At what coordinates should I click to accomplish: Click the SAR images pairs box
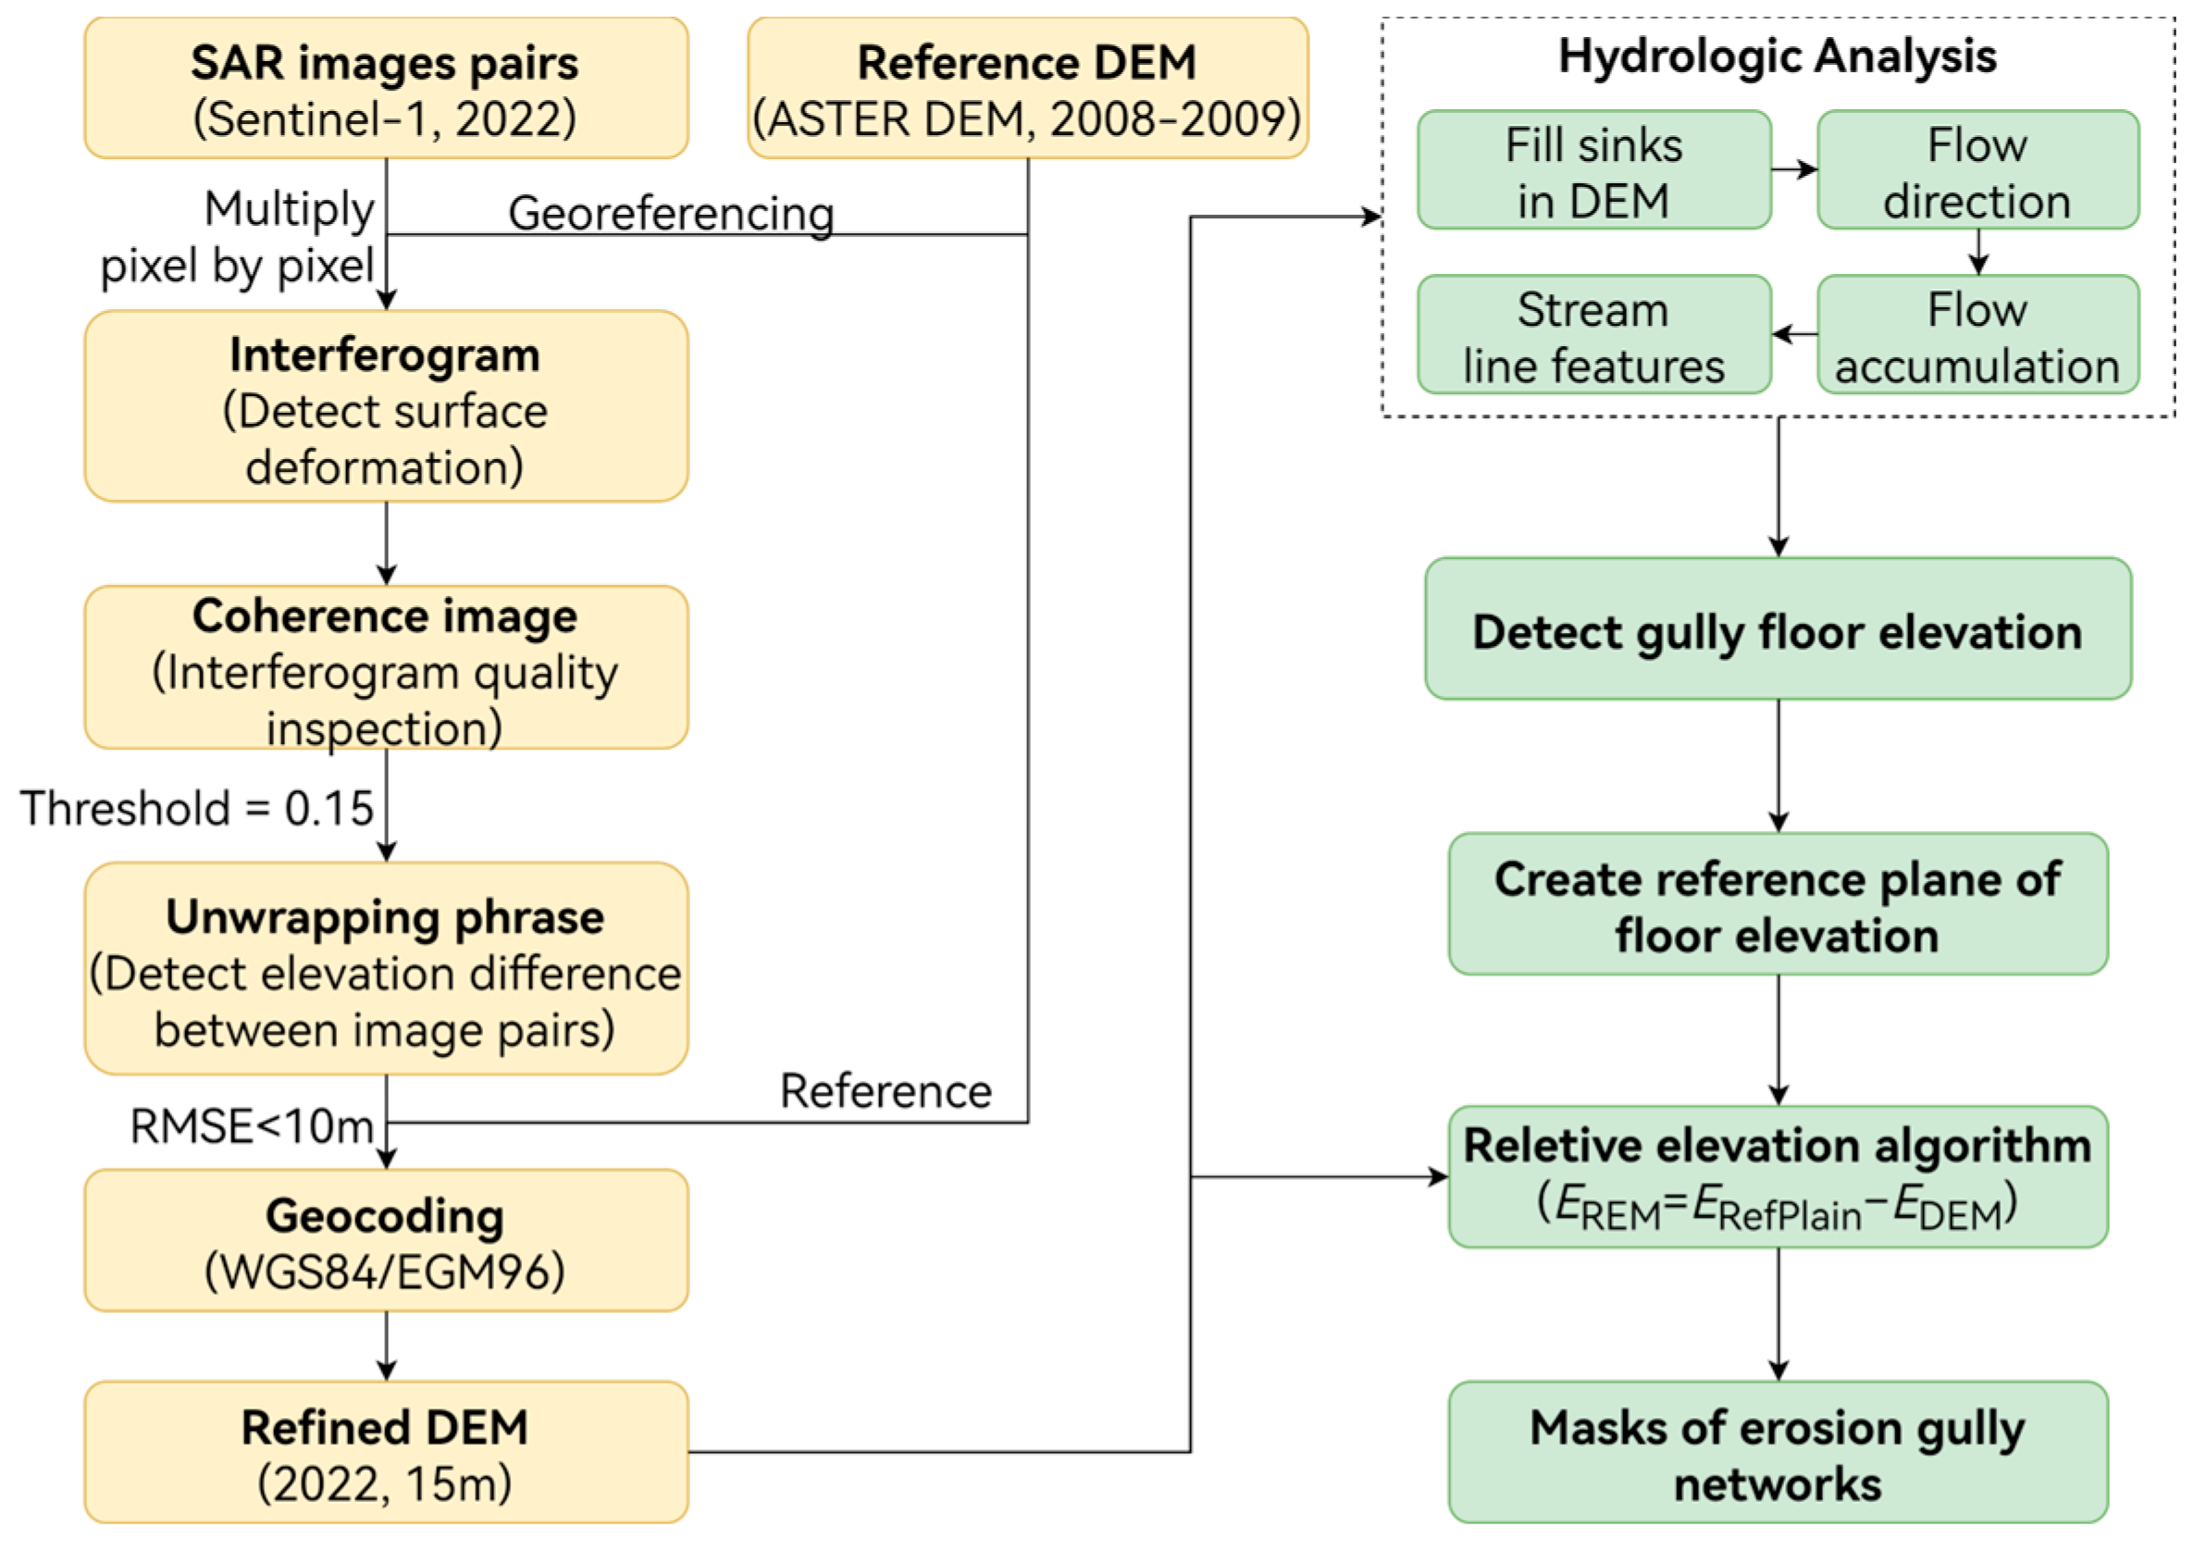pos(386,88)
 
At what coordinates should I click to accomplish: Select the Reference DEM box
pos(1027,88)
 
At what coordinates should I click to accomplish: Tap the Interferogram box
pos(386,406)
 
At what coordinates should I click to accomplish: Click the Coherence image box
pos(386,667)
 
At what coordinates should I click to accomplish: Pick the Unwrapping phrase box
pos(386,969)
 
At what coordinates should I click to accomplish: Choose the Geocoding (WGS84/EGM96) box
pos(386,1240)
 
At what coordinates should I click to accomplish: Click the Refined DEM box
pos(386,1453)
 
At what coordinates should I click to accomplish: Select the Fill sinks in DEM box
pos(1593,170)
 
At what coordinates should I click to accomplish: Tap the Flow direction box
pos(1977,170)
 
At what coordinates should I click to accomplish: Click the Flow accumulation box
pos(1977,334)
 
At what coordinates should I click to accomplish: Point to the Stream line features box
pos(1593,334)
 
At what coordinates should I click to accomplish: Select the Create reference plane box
pos(1778,904)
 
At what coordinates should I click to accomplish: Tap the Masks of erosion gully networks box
pos(1778,1453)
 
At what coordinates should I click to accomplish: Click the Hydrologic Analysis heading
pos(1778,56)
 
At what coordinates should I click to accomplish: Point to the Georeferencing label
pos(671,212)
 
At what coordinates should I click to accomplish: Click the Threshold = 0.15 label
pos(197,808)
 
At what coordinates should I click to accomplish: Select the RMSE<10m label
pos(252,1125)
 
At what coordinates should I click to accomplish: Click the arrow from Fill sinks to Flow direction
pos(1793,170)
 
